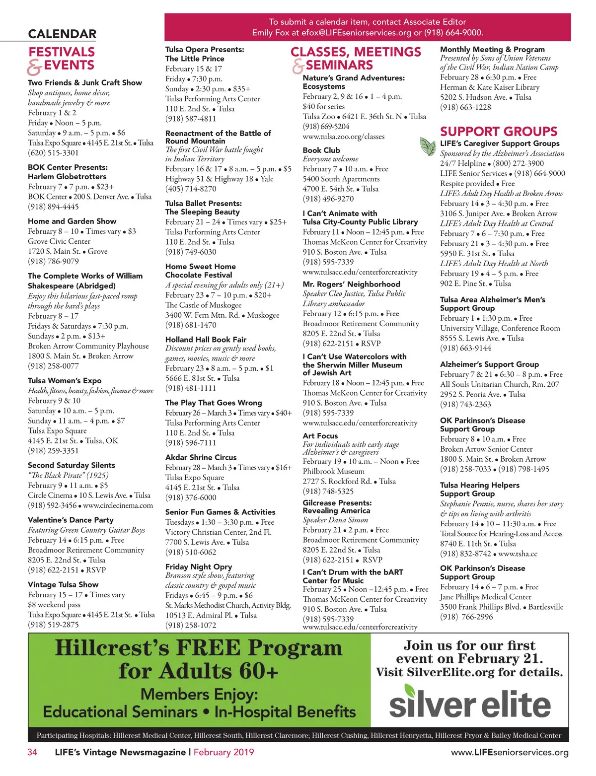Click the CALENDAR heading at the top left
pyautogui.click(x=62, y=34)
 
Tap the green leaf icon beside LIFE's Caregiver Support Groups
pyautogui.click(x=428, y=146)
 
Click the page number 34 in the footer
pyautogui.click(x=32, y=752)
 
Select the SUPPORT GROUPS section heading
pyautogui.click(x=499, y=132)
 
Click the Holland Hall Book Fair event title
pyautogui.click(x=206, y=340)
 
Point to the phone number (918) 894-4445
pyautogui.click(x=53, y=207)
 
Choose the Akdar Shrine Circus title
pyautogui.click(x=201, y=457)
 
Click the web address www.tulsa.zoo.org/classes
pyautogui.click(x=343, y=137)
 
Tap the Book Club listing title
pyautogui.click(x=321, y=150)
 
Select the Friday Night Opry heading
pyautogui.click(x=199, y=566)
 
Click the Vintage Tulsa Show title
pyautogui.click(x=63, y=584)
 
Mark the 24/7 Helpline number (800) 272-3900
pyautogui.click(x=519, y=163)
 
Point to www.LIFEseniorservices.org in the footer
pyautogui.click(x=510, y=752)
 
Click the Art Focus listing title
pyautogui.click(x=320, y=435)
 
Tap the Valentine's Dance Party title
pyautogui.click(x=71, y=520)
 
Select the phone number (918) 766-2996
pyautogui.click(x=466, y=617)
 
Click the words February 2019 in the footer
pyautogui.click(x=223, y=752)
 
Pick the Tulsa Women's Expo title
pyautogui.click(x=65, y=380)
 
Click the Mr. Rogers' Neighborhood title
pyautogui.click(x=351, y=284)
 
